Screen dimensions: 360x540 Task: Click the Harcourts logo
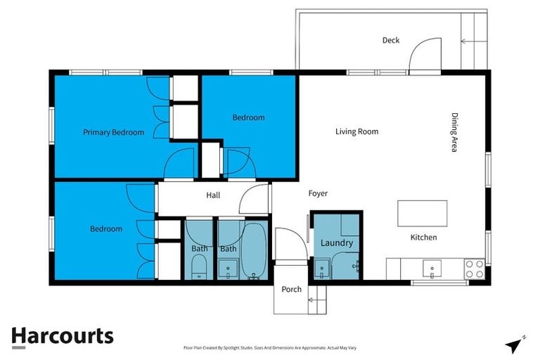coord(62,336)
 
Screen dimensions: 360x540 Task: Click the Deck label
coord(391,40)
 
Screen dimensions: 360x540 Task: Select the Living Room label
coord(356,131)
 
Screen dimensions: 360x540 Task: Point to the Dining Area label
coord(455,133)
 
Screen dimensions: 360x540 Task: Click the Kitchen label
coord(423,238)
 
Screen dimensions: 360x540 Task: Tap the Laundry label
coord(336,243)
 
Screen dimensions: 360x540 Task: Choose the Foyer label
coord(318,193)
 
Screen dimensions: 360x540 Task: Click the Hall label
coord(214,196)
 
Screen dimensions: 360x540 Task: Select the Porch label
coord(291,289)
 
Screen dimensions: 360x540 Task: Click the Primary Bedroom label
coord(113,132)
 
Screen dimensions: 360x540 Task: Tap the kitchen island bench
coord(422,212)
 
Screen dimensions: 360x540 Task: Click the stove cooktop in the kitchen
coord(474,269)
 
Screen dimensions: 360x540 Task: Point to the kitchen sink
coord(430,267)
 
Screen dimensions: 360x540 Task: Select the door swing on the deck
coord(425,55)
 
